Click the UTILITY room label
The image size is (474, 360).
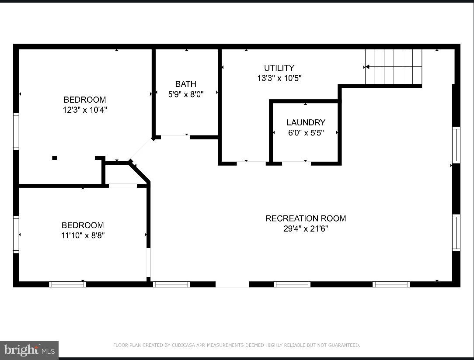click(x=279, y=68)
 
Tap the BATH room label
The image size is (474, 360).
click(x=186, y=84)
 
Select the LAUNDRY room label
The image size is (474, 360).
click(x=306, y=122)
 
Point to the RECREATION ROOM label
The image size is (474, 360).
click(x=306, y=218)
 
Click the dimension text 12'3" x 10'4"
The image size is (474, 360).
click(x=85, y=110)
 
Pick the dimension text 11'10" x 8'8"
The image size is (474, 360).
click(x=83, y=235)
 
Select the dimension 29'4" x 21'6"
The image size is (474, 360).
click(x=306, y=228)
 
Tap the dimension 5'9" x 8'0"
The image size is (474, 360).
click(x=186, y=94)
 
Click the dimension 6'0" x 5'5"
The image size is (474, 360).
click(x=306, y=133)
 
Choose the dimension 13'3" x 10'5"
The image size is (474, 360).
click(x=279, y=78)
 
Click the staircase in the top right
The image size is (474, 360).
click(x=393, y=66)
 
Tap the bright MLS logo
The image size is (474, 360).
click(x=29, y=350)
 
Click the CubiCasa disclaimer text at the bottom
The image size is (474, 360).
click(x=237, y=345)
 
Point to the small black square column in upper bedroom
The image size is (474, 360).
click(x=54, y=158)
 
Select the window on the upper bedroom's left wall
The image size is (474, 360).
click(x=16, y=131)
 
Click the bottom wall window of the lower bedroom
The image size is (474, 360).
click(x=67, y=284)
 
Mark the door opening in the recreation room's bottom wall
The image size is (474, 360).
click(x=232, y=284)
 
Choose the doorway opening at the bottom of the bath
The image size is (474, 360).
click(x=175, y=137)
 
